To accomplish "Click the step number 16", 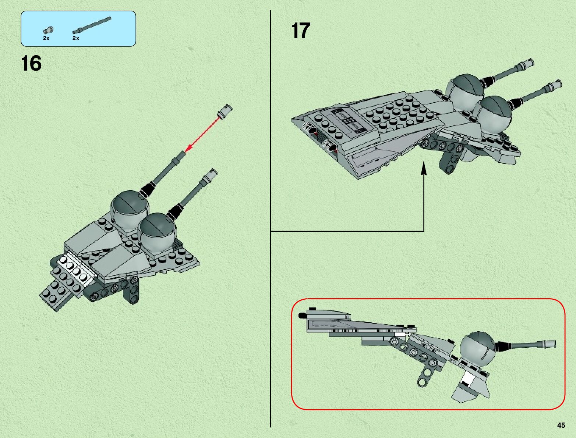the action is coord(32,64).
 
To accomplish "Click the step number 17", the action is coord(301,31).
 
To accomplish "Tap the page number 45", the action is coord(561,425).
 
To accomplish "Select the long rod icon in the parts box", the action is coord(91,25).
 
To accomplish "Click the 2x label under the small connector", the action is coord(46,38).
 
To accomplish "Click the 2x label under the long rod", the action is coord(76,38).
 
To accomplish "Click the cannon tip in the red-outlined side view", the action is coord(550,343).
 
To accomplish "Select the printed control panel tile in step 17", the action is coord(348,120).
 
